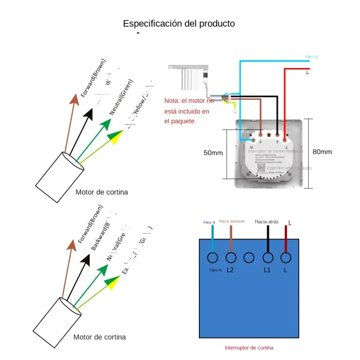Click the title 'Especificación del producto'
click(179, 23)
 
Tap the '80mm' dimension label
click(322, 152)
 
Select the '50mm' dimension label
click(213, 153)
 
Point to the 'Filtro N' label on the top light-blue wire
click(311, 57)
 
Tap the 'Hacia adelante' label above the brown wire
click(232, 221)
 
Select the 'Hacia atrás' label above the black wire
click(266, 221)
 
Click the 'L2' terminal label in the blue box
click(230, 270)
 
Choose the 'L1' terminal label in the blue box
click(267, 270)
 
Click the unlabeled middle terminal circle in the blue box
click(249, 258)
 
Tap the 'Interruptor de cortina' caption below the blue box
click(249, 348)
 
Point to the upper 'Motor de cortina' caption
click(102, 192)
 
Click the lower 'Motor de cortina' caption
click(100, 337)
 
